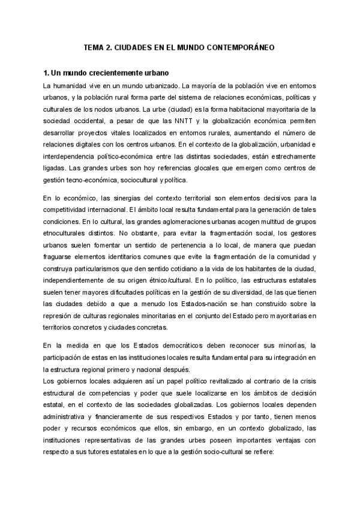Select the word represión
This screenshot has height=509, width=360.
(x=59, y=315)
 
